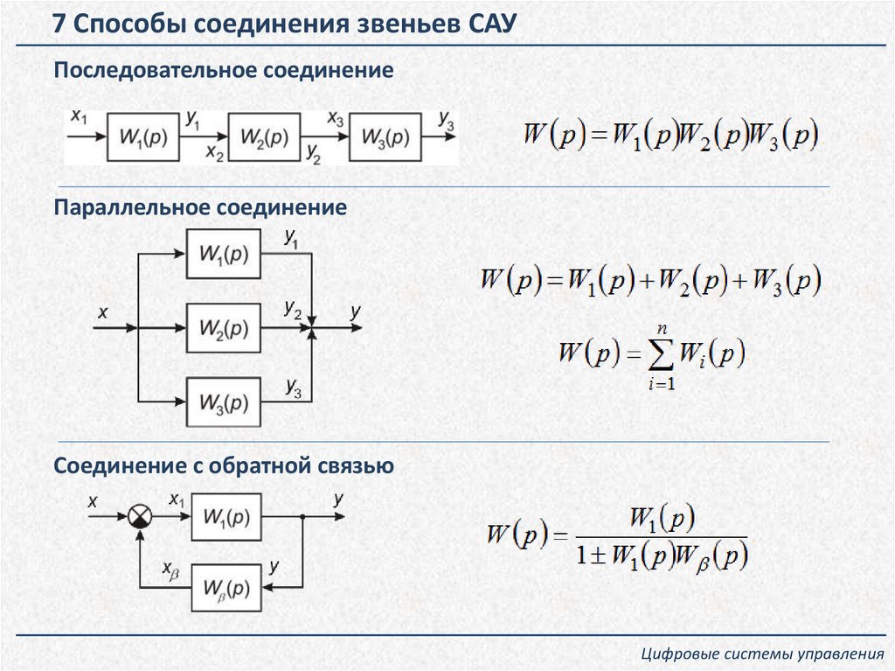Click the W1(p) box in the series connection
143,138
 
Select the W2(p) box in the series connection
264,138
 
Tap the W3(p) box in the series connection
385,138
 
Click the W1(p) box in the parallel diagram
224,254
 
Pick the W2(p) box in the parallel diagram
224,328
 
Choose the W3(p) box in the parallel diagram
224,402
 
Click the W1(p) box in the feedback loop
225,517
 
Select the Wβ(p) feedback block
225,587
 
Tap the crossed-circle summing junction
140,517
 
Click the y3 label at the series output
446,120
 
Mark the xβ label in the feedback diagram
171,569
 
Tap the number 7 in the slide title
59,24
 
